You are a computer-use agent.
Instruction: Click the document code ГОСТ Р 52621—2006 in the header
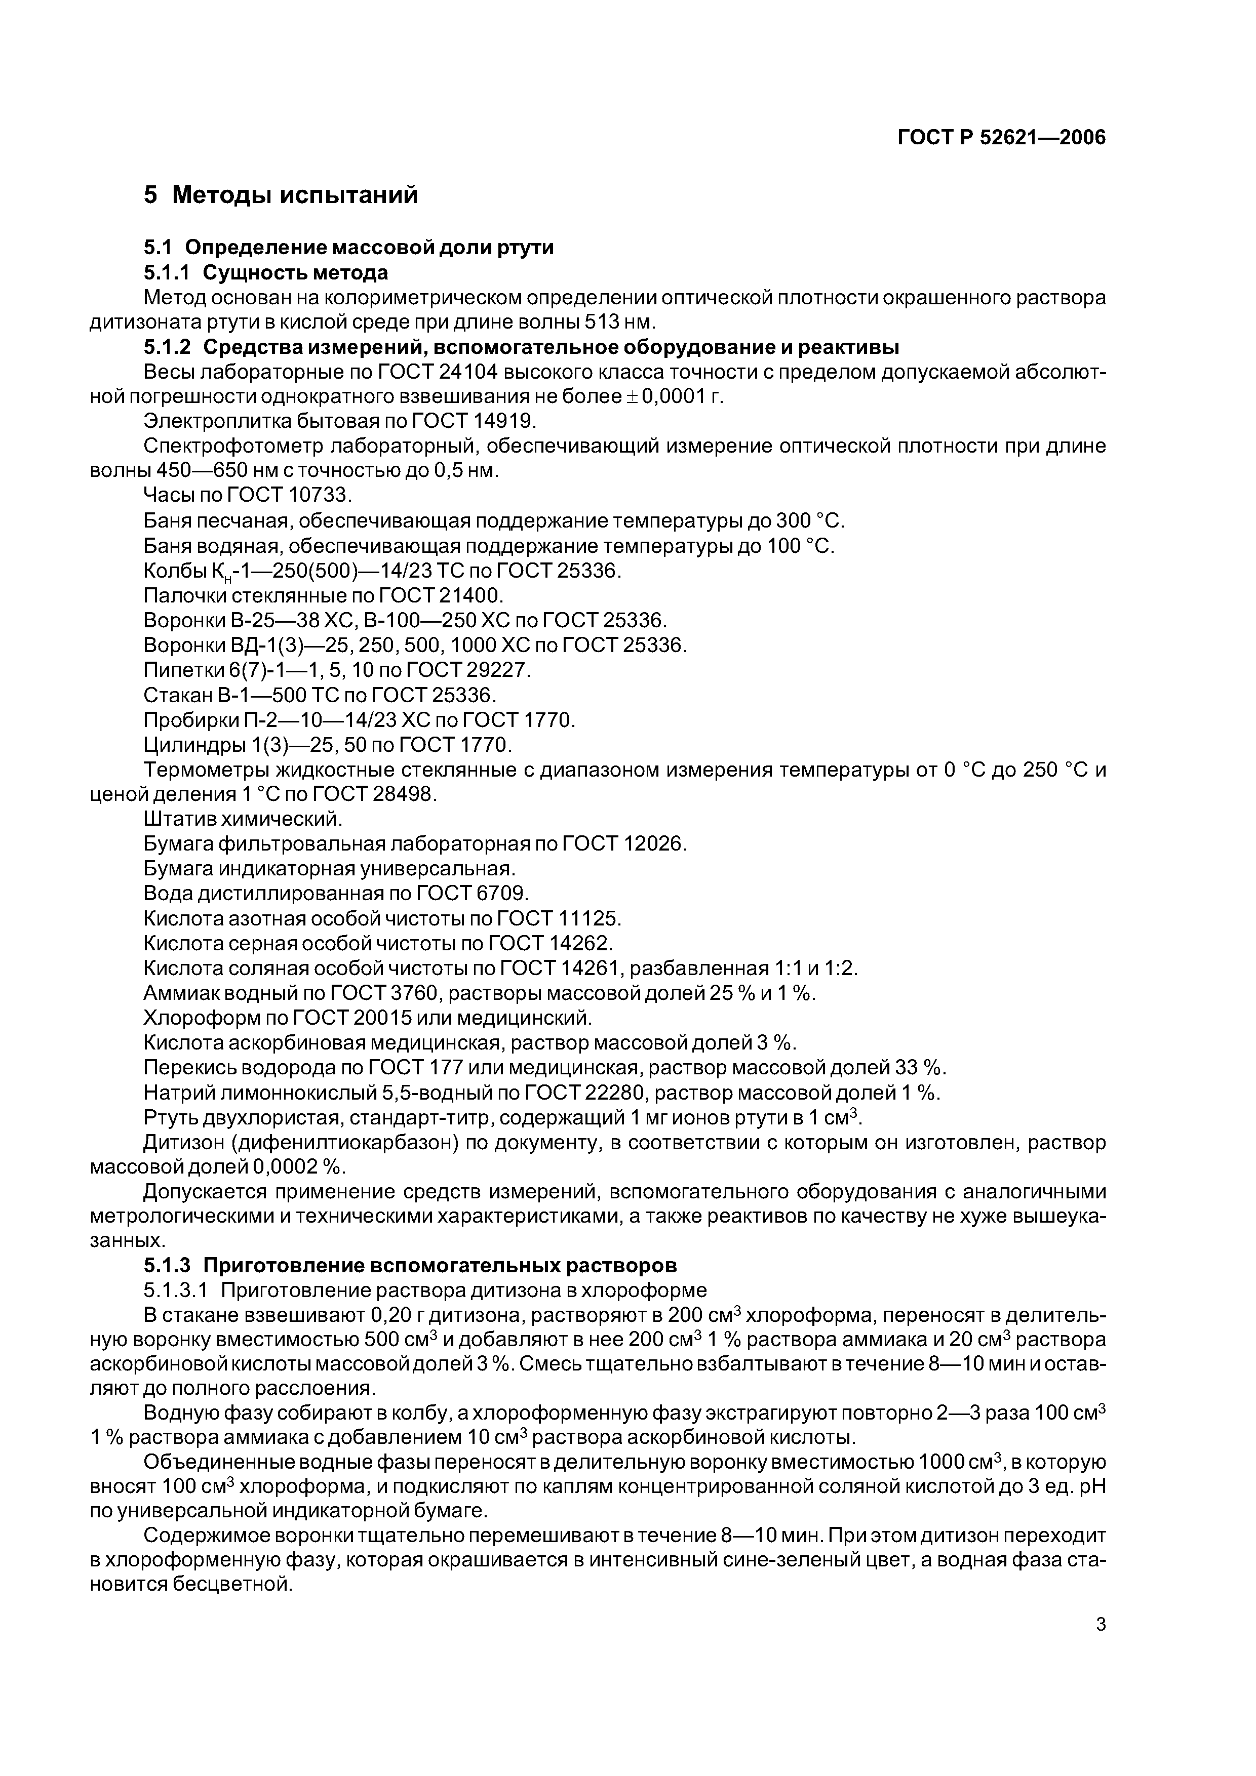coord(1001,138)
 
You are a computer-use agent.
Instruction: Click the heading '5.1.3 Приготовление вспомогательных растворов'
coord(410,1266)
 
